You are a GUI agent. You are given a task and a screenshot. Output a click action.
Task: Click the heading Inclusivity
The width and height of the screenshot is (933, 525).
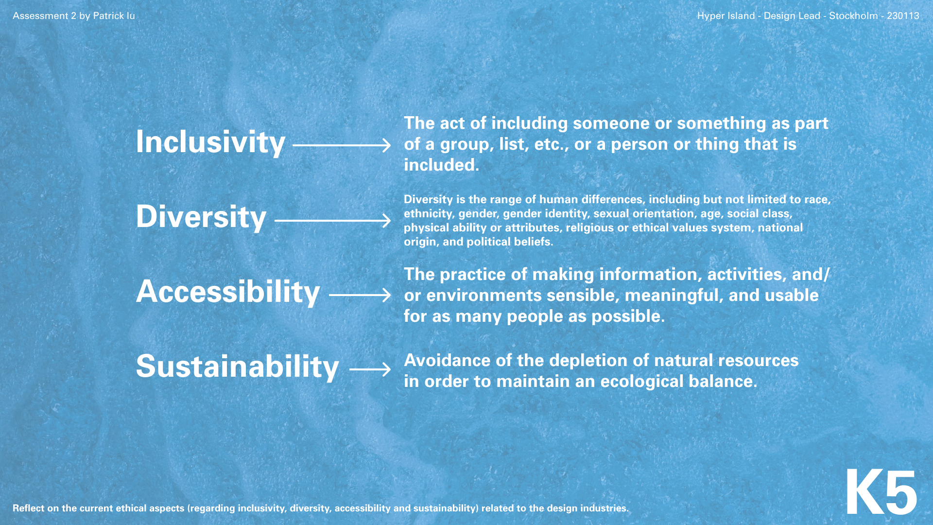coord(210,142)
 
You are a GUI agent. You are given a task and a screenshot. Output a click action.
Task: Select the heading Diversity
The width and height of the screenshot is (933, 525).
coord(201,217)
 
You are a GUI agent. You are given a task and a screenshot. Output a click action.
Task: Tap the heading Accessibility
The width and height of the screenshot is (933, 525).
coord(228,292)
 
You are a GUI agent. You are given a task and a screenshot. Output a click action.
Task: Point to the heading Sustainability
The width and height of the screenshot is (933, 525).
coord(238,367)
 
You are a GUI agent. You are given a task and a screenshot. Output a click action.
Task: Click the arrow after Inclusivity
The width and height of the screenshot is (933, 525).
coord(342,145)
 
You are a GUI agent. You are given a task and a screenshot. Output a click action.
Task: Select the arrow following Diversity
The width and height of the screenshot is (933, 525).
coord(333,221)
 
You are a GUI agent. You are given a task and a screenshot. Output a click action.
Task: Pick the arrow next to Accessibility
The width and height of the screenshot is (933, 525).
coord(360,295)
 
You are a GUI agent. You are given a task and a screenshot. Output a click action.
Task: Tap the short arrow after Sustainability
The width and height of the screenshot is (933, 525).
coord(370,369)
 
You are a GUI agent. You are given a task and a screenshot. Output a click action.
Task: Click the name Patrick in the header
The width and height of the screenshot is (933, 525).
coord(108,16)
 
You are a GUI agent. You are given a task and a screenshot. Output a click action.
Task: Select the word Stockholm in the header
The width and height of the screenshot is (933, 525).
coord(853,16)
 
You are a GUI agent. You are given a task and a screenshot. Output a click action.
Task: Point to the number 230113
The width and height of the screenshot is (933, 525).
coord(903,16)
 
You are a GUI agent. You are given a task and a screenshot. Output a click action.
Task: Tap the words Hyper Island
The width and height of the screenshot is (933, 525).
coord(726,16)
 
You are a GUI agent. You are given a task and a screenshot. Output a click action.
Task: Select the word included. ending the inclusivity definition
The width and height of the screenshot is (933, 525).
coord(442,165)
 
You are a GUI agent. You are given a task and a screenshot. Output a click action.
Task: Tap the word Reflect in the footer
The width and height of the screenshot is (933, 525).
coord(28,508)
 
